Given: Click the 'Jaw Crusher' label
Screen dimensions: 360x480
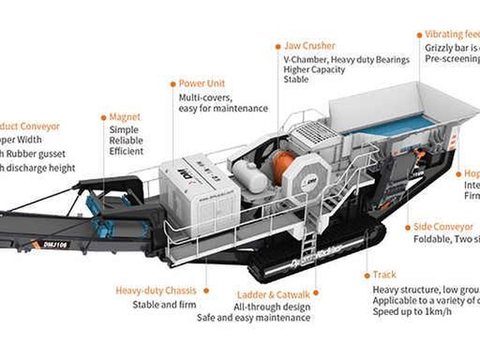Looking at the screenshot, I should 310,46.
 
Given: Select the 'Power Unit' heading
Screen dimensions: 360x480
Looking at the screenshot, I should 202,83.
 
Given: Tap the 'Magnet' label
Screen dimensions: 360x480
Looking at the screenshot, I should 125,117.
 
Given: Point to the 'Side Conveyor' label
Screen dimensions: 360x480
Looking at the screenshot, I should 444,227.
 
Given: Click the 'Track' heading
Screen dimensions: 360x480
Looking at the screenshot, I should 384,275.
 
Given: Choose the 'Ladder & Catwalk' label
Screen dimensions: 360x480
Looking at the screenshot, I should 273,295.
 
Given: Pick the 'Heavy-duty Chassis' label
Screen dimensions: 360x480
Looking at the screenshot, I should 156,290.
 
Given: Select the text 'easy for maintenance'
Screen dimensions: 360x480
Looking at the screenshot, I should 223,108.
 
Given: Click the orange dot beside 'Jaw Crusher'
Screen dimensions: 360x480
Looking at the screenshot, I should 278,46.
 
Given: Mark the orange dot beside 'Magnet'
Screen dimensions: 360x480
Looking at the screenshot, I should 104,117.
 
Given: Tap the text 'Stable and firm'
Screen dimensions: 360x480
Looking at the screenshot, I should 164,304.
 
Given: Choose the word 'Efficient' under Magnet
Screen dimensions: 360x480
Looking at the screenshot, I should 126,152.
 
